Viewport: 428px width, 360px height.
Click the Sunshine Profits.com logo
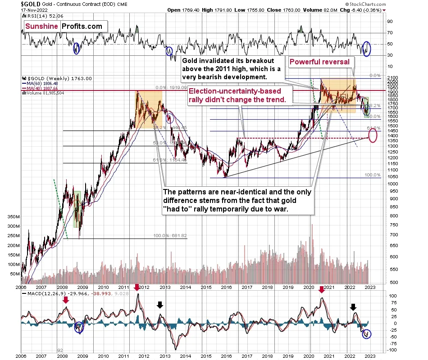pos(64,26)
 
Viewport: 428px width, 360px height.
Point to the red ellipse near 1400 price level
pos(373,135)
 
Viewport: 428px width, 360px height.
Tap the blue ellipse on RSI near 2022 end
pos(366,48)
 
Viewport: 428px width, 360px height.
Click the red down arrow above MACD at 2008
pos(65,300)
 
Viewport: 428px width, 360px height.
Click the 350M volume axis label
pos(13,216)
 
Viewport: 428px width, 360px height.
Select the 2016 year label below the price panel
pos(226,287)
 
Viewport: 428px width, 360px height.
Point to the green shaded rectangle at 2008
pos(77,209)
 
